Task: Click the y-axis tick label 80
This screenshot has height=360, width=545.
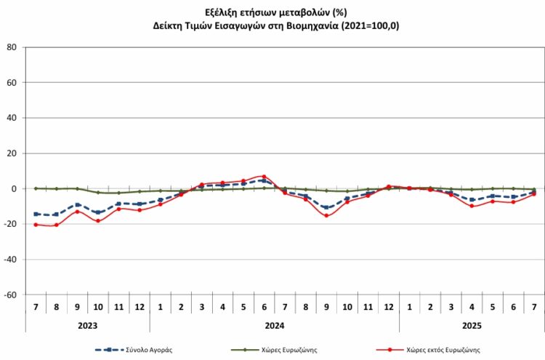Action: (12, 47)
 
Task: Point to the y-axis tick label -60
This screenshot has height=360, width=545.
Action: (10, 295)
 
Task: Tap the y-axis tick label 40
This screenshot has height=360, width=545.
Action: (12, 118)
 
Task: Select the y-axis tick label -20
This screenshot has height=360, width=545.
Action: (10, 225)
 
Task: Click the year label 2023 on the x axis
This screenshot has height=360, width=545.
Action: (87, 326)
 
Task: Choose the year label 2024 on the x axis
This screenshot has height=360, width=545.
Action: (274, 326)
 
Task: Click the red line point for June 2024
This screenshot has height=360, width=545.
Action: (264, 177)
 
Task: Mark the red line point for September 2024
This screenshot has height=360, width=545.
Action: (326, 215)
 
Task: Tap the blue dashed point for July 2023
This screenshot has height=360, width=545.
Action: (36, 214)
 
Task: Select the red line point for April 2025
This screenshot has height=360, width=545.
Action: (472, 206)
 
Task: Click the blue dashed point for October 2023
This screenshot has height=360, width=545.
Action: (98, 212)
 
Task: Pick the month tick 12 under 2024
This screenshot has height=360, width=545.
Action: (389, 307)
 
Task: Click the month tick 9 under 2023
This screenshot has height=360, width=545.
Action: (77, 307)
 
